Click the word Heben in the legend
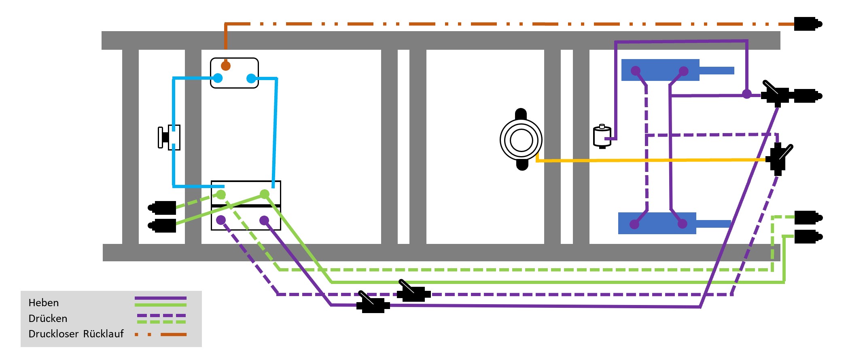click(x=44, y=303)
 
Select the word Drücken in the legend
click(x=48, y=318)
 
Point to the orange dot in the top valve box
click(x=226, y=66)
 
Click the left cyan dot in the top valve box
click(x=218, y=78)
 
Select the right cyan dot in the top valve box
click(x=251, y=78)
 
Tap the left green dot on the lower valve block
click(x=221, y=195)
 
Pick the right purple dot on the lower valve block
click(x=264, y=220)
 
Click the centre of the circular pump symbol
click(x=521, y=140)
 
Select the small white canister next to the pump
click(x=602, y=137)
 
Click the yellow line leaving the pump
click(x=647, y=161)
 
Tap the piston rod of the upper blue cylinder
click(x=717, y=70)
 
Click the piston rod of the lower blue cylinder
click(x=713, y=223)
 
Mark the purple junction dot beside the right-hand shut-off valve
click(x=747, y=94)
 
